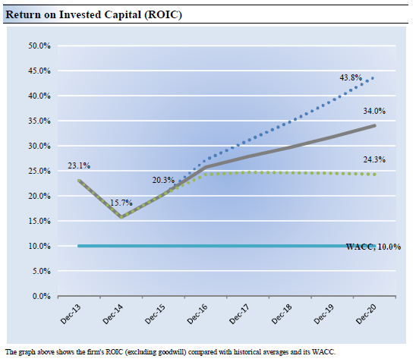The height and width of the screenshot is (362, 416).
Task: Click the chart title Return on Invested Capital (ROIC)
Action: click(x=93, y=15)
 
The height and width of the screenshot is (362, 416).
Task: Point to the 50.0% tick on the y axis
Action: click(x=39, y=46)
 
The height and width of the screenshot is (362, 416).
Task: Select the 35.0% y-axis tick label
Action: click(x=39, y=121)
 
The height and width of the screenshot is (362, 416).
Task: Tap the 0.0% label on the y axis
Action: click(x=42, y=296)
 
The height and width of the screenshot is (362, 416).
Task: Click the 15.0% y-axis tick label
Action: click(x=39, y=221)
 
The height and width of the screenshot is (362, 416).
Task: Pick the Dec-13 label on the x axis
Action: click(x=71, y=314)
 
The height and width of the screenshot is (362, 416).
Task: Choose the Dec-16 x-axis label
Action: click(x=197, y=314)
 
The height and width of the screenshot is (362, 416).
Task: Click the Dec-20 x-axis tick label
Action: click(x=366, y=314)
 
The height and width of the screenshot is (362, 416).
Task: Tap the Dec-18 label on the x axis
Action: click(x=282, y=314)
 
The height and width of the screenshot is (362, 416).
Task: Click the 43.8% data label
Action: click(x=351, y=77)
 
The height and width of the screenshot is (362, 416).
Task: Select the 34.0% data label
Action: click(x=374, y=111)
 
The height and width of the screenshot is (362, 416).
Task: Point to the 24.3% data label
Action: click(x=374, y=159)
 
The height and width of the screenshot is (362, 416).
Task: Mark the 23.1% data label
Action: click(x=79, y=165)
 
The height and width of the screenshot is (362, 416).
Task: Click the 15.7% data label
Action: click(x=121, y=203)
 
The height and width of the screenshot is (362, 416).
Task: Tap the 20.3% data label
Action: click(x=163, y=180)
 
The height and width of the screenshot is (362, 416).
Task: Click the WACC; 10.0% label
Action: click(x=373, y=247)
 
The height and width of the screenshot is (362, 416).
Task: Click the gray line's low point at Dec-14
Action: click(x=121, y=217)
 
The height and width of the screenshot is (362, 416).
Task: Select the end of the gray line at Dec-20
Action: click(x=374, y=125)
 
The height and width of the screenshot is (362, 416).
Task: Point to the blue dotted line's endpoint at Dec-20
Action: click(x=373, y=78)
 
